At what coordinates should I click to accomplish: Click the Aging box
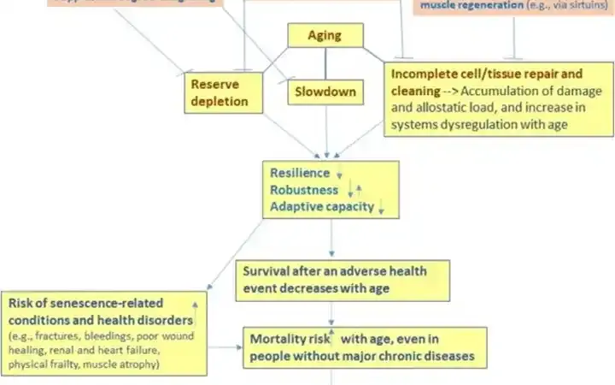pyautogui.click(x=325, y=35)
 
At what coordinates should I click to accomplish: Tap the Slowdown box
pyautogui.click(x=325, y=92)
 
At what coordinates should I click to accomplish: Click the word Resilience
pyautogui.click(x=299, y=173)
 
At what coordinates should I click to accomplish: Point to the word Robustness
pyautogui.click(x=304, y=190)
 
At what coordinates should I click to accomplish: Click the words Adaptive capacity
pyautogui.click(x=322, y=206)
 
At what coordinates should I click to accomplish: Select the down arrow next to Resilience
pyautogui.click(x=339, y=175)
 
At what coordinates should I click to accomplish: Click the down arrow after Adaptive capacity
pyautogui.click(x=382, y=208)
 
